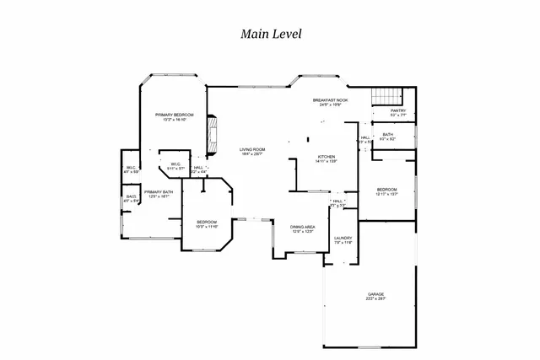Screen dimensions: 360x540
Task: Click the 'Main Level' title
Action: [270, 34]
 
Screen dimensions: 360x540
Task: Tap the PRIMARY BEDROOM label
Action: [174, 114]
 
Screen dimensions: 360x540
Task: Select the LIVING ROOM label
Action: [252, 149]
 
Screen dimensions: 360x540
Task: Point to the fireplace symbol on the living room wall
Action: [213, 131]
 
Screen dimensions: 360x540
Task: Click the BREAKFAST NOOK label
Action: [331, 100]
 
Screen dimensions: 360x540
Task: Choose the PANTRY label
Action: [398, 110]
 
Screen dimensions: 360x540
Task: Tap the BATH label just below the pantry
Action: [387, 134]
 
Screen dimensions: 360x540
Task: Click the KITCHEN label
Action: [327, 157]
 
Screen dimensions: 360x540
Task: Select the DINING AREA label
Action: [303, 226]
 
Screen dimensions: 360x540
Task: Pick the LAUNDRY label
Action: [342, 238]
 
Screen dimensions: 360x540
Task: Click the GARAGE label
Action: [375, 294]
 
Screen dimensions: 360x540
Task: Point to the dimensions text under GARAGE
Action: [375, 299]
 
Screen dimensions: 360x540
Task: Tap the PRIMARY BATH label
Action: [159, 191]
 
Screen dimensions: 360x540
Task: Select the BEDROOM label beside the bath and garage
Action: [386, 189]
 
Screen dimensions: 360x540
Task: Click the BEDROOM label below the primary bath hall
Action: [207, 222]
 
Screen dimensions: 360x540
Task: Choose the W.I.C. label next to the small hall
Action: [175, 164]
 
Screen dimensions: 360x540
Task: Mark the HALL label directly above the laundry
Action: [337, 201]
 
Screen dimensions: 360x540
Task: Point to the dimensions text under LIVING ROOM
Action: [252, 154]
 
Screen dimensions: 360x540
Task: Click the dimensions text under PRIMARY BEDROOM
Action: [174, 119]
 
